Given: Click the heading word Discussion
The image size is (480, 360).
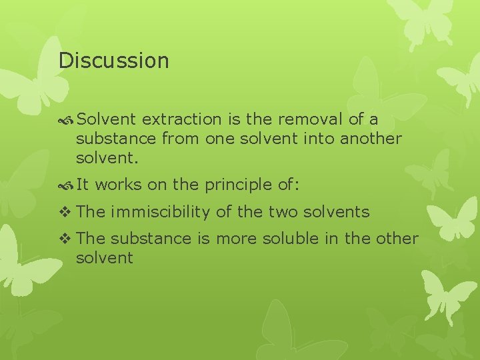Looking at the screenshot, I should click(x=113, y=61).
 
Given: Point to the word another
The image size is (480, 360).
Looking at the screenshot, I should click(x=371, y=139).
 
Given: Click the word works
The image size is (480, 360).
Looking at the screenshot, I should click(x=124, y=185).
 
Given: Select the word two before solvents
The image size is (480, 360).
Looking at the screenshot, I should click(x=284, y=212).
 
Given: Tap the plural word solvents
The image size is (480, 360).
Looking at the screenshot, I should click(x=337, y=212).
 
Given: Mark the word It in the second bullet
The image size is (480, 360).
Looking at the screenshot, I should click(x=83, y=185).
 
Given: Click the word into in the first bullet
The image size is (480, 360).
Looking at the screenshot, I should click(x=320, y=139).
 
